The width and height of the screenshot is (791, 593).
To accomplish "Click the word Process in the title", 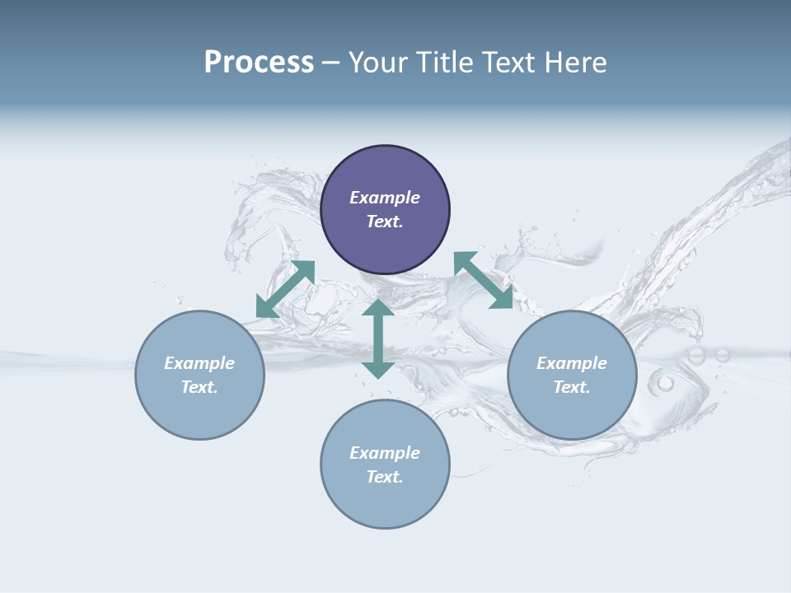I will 259,63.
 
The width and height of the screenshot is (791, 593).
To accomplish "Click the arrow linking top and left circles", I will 285,289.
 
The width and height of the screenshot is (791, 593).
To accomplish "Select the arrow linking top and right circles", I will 484,280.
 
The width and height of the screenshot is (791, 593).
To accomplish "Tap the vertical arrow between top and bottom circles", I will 378,339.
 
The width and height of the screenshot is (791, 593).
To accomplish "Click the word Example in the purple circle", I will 385,198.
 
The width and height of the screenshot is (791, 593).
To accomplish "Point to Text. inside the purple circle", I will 385,222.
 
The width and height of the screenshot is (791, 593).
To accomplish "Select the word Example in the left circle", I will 199,363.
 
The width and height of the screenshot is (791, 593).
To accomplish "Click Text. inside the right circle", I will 572,387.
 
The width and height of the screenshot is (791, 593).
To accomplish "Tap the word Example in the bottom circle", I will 385,453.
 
